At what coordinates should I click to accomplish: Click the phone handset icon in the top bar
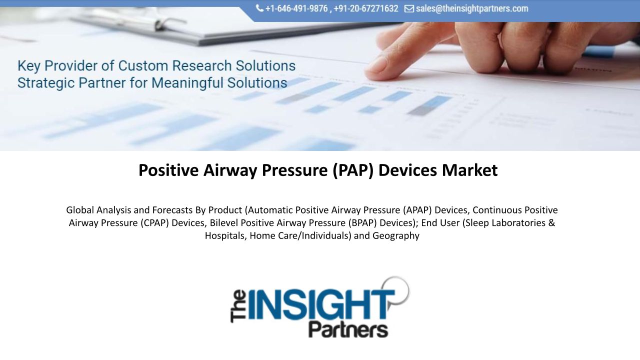(x=259, y=8)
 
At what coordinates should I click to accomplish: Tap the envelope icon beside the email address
(x=409, y=9)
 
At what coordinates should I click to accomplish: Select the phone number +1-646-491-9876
(x=296, y=8)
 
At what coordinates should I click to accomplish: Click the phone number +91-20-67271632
(x=365, y=8)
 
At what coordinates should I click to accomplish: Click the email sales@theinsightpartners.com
(x=472, y=8)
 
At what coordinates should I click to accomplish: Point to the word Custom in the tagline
(x=143, y=65)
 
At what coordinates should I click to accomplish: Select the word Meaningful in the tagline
(x=187, y=83)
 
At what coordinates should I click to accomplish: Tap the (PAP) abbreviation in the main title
(x=353, y=170)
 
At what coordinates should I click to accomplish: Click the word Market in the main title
(x=469, y=170)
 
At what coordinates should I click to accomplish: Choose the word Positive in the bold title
(x=168, y=170)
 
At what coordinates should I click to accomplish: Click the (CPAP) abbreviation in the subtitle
(x=154, y=223)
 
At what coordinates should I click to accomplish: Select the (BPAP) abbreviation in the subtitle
(x=362, y=223)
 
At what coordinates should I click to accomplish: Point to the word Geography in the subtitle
(x=395, y=235)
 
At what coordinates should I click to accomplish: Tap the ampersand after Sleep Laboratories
(x=551, y=222)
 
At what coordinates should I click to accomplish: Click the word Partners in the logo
(x=348, y=329)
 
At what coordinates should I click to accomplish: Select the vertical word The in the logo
(x=238, y=306)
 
